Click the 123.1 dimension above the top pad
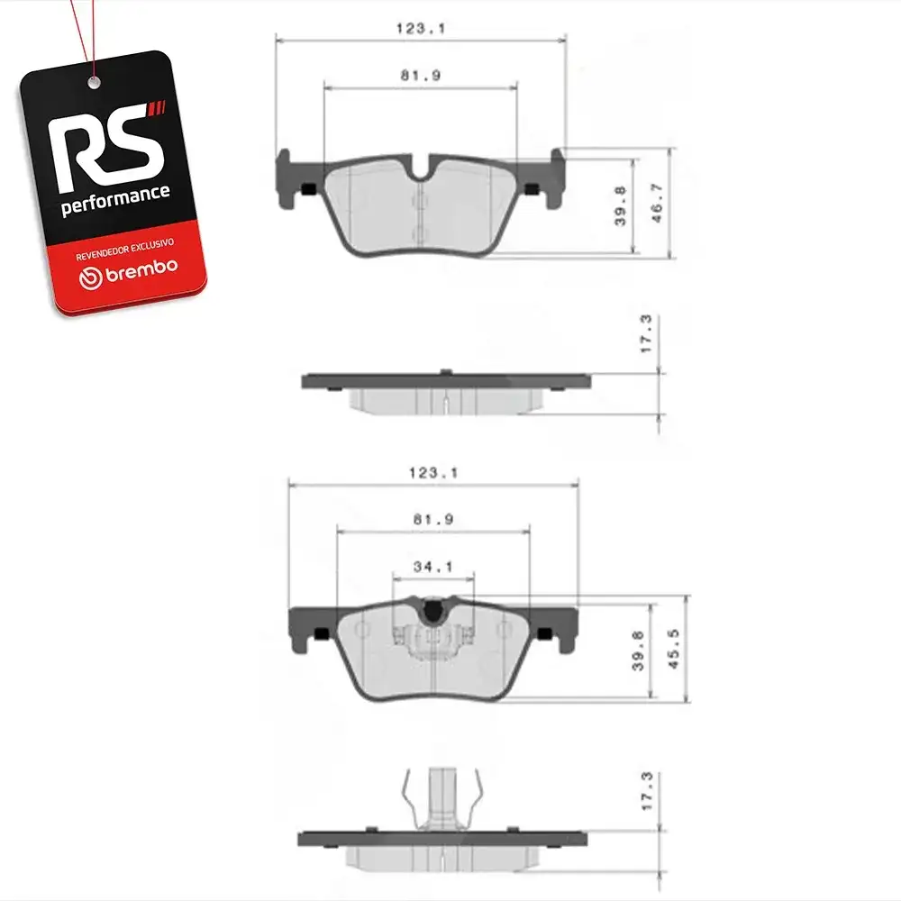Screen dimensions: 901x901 pyautogui.click(x=421, y=28)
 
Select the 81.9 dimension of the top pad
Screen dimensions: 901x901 pyautogui.click(x=421, y=76)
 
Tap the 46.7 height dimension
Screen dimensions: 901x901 pyautogui.click(x=656, y=204)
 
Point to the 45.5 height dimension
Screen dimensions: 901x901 pyautogui.click(x=673, y=649)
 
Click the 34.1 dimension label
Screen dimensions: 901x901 pyautogui.click(x=433, y=567)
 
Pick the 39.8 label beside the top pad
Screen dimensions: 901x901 pyautogui.click(x=620, y=205)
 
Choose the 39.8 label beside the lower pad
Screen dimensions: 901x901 pyautogui.click(x=638, y=651)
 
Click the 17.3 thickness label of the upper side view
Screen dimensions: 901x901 pyautogui.click(x=646, y=334)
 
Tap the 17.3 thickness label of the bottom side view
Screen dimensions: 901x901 pyautogui.click(x=646, y=791)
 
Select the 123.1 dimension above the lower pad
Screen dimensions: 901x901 pyautogui.click(x=433, y=473)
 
